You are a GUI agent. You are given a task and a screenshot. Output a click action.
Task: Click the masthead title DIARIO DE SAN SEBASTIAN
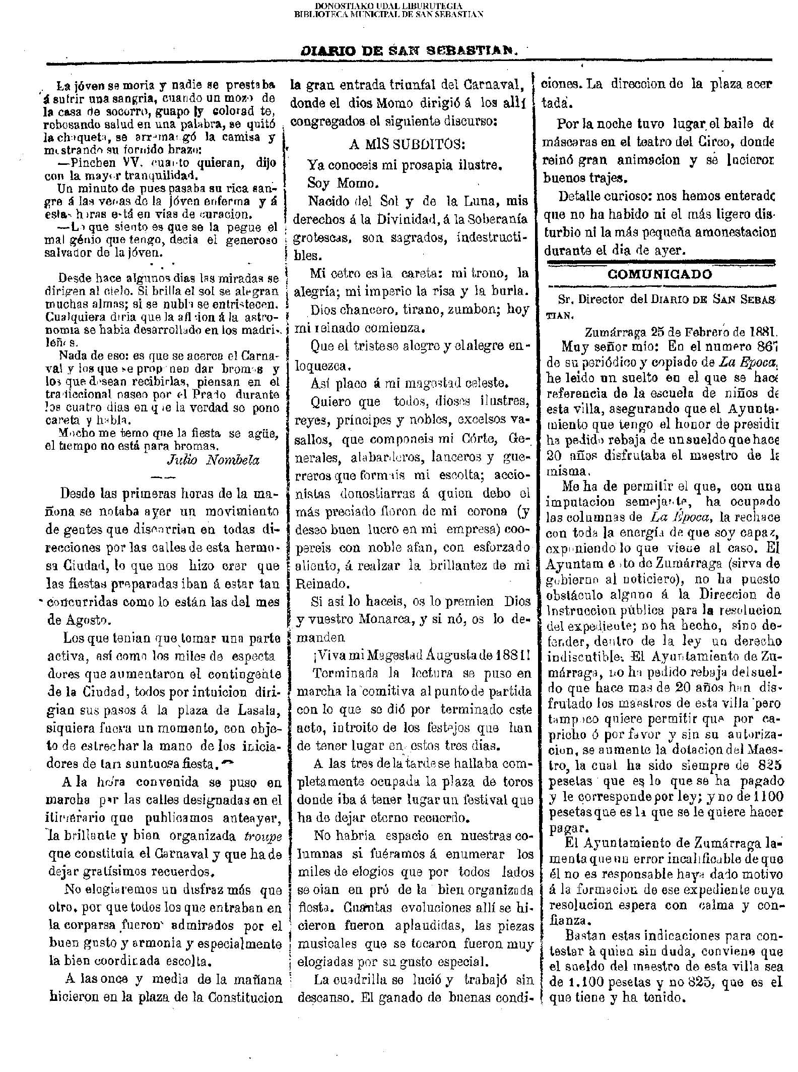point(409,51)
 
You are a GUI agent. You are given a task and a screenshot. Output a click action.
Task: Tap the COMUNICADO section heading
point(659,275)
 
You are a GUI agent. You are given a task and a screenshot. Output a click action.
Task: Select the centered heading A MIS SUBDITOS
point(407,144)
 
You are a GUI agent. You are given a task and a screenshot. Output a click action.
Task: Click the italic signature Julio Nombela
point(213,460)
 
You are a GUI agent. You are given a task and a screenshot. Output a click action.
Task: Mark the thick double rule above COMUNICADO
point(659,262)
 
